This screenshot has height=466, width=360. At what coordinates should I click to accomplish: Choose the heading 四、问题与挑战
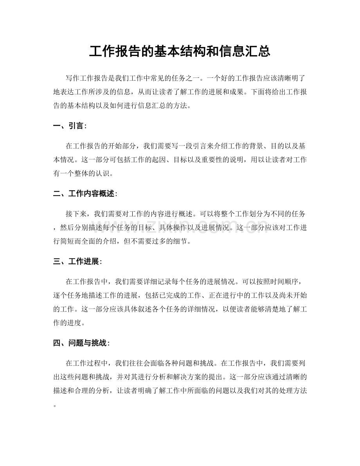(x=81, y=343)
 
